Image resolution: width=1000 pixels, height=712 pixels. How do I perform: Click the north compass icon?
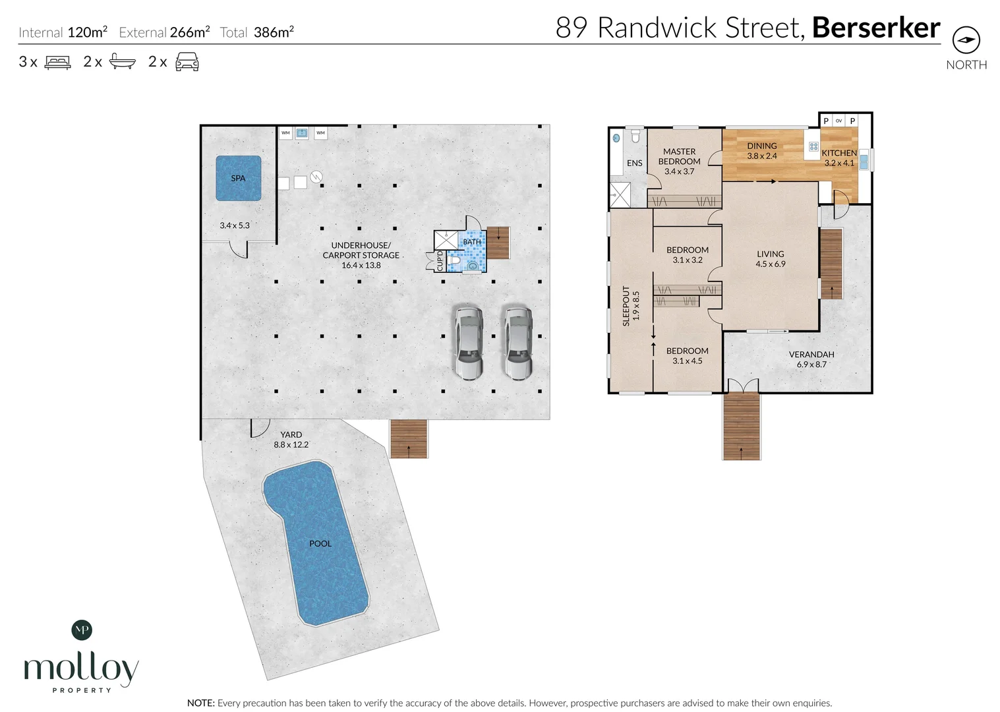[966, 40]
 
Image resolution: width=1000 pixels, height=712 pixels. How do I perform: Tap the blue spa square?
[238, 178]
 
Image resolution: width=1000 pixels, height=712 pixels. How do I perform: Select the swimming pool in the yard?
[316, 543]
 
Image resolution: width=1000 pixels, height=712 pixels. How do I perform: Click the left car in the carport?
[468, 343]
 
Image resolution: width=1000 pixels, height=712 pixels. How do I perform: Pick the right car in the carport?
[518, 343]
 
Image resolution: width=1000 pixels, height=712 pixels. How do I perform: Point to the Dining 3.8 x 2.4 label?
[761, 151]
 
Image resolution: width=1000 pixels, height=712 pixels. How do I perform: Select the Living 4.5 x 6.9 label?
[770, 258]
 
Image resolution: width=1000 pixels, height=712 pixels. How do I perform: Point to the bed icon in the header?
[57, 62]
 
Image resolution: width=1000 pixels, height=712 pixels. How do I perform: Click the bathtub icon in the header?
[122, 62]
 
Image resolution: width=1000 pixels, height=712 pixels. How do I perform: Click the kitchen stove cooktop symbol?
[813, 147]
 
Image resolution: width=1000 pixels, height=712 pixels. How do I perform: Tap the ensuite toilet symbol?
[635, 136]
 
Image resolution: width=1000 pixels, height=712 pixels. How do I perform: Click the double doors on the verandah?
[742, 386]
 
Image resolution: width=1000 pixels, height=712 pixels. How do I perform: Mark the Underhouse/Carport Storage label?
[361, 254]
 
